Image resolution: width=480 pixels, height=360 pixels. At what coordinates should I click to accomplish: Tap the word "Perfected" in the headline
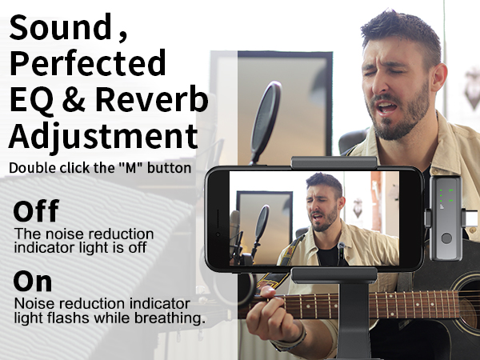(88, 62)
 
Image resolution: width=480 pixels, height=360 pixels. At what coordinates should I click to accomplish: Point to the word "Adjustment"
(104, 136)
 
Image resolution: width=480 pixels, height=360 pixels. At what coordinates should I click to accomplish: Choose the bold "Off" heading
(37, 212)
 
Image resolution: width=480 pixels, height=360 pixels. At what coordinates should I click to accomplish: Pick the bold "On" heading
(33, 282)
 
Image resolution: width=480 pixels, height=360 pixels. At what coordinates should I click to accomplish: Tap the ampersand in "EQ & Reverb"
(83, 101)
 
